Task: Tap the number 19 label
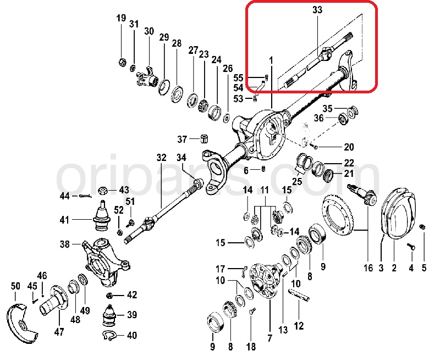[x=121, y=19]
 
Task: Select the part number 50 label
[x=15, y=286]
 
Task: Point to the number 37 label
[x=182, y=138]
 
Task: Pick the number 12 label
[x=299, y=326]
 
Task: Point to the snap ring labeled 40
[x=109, y=336]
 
